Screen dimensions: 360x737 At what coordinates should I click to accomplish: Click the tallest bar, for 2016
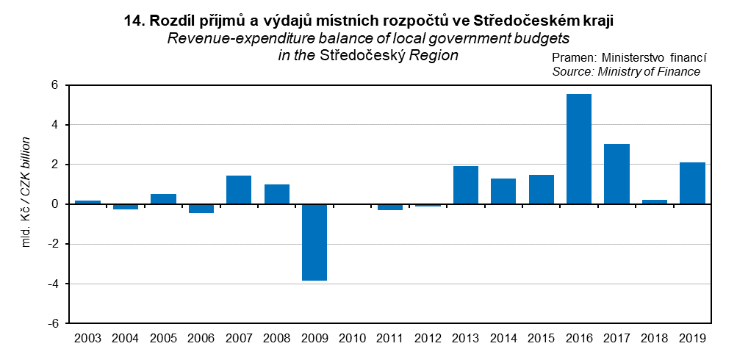point(579,149)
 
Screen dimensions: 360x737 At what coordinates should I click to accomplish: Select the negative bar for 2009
point(314,242)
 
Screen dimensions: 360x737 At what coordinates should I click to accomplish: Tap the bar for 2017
point(616,174)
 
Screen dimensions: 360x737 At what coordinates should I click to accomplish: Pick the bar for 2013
point(465,185)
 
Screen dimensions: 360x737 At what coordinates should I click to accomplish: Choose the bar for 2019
point(692,183)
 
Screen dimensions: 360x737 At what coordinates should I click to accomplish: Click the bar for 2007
point(239,190)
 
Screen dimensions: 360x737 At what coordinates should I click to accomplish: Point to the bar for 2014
point(503,191)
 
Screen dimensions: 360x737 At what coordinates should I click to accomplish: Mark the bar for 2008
point(276,194)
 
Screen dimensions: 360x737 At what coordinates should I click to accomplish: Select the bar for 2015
point(541,190)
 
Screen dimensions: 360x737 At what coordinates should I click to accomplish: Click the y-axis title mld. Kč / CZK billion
point(26,191)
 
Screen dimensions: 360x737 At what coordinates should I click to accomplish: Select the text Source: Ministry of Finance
point(626,71)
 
